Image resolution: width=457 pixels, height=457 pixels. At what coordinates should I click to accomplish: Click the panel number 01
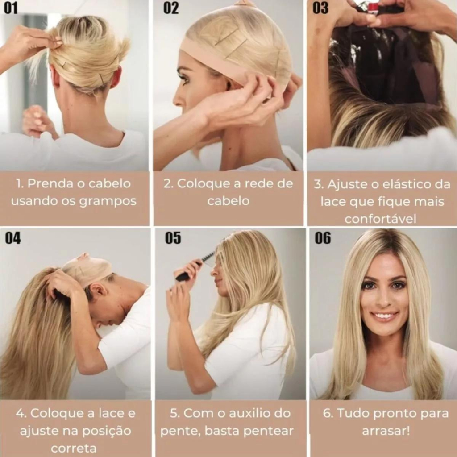tap(11, 8)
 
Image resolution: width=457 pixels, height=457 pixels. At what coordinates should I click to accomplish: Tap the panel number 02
tap(171, 8)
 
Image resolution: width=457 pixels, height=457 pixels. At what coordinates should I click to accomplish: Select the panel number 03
tap(320, 8)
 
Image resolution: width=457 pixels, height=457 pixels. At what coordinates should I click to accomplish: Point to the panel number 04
tap(13, 238)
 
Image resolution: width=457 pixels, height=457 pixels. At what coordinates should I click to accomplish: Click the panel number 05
tap(173, 238)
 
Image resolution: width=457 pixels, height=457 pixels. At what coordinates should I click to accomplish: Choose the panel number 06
tap(323, 238)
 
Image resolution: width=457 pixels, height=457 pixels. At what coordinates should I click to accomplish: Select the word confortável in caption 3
tap(380, 219)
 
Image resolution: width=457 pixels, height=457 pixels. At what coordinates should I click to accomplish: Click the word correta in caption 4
tap(74, 448)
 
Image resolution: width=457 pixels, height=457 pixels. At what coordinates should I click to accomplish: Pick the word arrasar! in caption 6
tap(386, 431)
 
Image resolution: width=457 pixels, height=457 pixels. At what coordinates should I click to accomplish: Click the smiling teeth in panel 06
tap(385, 316)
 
